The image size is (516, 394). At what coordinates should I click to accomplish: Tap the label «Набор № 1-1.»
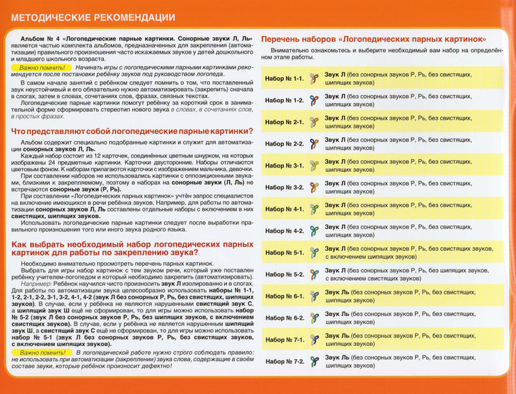[x=285, y=79]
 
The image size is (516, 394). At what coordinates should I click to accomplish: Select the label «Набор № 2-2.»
[x=285, y=144]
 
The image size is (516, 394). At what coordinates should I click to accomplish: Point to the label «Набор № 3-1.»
[x=285, y=165]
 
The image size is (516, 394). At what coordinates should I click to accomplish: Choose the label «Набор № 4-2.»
[x=285, y=231]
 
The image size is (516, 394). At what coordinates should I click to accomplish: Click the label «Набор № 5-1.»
[x=285, y=253]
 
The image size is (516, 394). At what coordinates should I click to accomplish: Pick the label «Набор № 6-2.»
[x=285, y=318]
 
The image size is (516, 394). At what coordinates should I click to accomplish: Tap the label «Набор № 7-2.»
[x=285, y=362]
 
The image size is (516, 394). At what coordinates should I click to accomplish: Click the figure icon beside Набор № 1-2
[x=313, y=100]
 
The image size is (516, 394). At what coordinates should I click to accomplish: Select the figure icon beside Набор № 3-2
[x=313, y=188]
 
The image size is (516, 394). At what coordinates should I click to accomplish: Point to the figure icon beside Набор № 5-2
[x=313, y=274]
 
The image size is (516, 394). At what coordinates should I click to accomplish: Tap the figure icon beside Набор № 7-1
[x=313, y=340]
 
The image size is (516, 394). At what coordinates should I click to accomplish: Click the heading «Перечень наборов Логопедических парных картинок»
[x=373, y=38]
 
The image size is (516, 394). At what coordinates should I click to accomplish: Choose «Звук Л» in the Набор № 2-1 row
[x=334, y=118]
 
